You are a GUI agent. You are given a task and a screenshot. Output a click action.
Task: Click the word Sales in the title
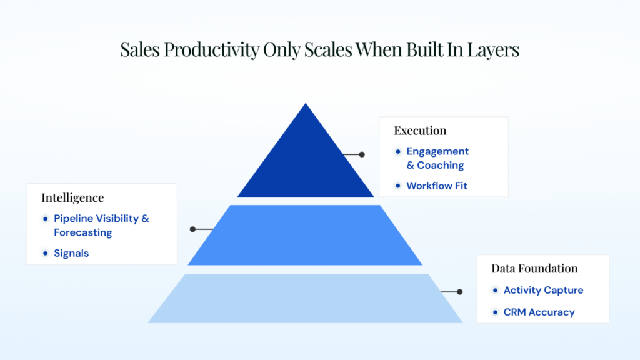click(x=140, y=49)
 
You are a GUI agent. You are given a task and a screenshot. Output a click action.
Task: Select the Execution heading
click(x=420, y=131)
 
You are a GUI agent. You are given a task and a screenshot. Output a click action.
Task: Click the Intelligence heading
click(x=72, y=198)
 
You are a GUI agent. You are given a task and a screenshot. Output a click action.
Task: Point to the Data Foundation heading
click(x=534, y=268)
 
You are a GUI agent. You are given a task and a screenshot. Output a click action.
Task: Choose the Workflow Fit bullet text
click(x=437, y=186)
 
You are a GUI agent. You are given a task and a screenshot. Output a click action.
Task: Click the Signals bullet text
click(x=71, y=254)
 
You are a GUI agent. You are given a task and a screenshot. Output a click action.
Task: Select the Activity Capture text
click(x=543, y=290)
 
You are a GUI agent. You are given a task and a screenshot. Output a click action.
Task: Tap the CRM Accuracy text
click(x=539, y=312)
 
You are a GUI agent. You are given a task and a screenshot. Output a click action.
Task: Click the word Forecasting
click(x=83, y=232)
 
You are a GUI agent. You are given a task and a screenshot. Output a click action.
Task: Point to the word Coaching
click(x=441, y=165)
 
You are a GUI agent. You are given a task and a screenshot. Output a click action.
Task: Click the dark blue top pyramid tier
click(x=306, y=159)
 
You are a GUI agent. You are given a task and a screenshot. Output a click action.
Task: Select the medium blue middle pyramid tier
click(x=305, y=235)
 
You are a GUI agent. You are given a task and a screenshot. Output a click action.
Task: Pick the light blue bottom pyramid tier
click(x=305, y=298)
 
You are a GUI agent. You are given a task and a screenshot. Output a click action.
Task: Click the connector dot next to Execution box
click(x=362, y=154)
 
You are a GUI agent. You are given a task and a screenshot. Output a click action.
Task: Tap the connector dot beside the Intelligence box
click(x=192, y=229)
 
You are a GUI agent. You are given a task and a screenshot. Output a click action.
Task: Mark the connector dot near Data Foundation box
click(x=460, y=292)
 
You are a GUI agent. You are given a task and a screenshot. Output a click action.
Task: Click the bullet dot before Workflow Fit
click(x=398, y=186)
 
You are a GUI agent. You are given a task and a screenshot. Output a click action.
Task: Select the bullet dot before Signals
click(x=45, y=254)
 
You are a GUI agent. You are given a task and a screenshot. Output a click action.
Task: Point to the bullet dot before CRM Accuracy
click(x=495, y=312)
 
